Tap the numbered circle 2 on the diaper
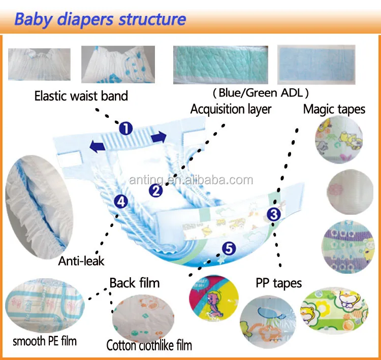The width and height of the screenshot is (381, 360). pyautogui.click(x=156, y=190)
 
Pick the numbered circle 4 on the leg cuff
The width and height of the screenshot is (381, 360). pyautogui.click(x=121, y=202)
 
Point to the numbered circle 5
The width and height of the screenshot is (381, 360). pyautogui.click(x=229, y=248)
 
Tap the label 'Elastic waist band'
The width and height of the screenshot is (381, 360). pyautogui.click(x=81, y=95)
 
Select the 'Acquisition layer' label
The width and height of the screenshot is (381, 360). pyautogui.click(x=231, y=109)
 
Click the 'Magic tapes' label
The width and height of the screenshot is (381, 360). pyautogui.click(x=334, y=109)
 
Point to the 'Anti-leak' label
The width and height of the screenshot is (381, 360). pyautogui.click(x=81, y=261)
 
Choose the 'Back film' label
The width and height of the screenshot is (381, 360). pyautogui.click(x=135, y=282)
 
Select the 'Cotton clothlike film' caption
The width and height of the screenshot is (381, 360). pyautogui.click(x=149, y=346)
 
